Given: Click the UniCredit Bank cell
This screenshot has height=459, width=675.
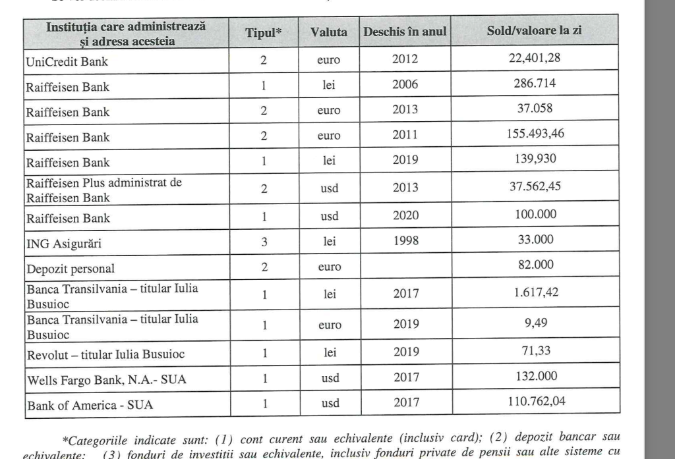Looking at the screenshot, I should click(x=67, y=62).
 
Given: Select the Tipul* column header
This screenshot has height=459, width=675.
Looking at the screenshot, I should click(x=264, y=33).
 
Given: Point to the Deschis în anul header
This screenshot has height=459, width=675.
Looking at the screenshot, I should click(x=405, y=32).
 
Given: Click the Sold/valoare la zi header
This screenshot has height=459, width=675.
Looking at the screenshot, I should click(x=535, y=32).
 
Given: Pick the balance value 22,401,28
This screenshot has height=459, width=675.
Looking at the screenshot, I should click(x=535, y=59).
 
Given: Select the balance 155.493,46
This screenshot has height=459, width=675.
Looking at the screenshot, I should click(x=535, y=134).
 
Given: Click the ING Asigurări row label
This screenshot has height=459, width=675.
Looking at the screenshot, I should click(x=64, y=244).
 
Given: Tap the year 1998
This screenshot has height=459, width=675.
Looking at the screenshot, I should click(x=405, y=241).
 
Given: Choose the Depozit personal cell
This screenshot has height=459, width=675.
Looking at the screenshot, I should click(x=71, y=269).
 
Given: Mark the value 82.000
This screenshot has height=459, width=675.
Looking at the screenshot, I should click(x=535, y=265).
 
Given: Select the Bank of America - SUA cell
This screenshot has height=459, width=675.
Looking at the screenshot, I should click(x=90, y=405).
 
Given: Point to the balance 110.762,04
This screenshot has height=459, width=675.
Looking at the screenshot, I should click(x=535, y=400).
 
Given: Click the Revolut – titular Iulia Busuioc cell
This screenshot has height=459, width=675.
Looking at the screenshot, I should click(x=105, y=354).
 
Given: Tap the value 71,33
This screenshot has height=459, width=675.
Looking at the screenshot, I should click(x=535, y=350).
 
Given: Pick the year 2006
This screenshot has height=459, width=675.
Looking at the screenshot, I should click(x=405, y=85).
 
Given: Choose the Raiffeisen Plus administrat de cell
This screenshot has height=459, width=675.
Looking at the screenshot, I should click(x=103, y=182).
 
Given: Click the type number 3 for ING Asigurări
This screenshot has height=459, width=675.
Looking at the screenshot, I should click(x=264, y=242).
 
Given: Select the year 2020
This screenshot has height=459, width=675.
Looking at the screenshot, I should click(x=405, y=215).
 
